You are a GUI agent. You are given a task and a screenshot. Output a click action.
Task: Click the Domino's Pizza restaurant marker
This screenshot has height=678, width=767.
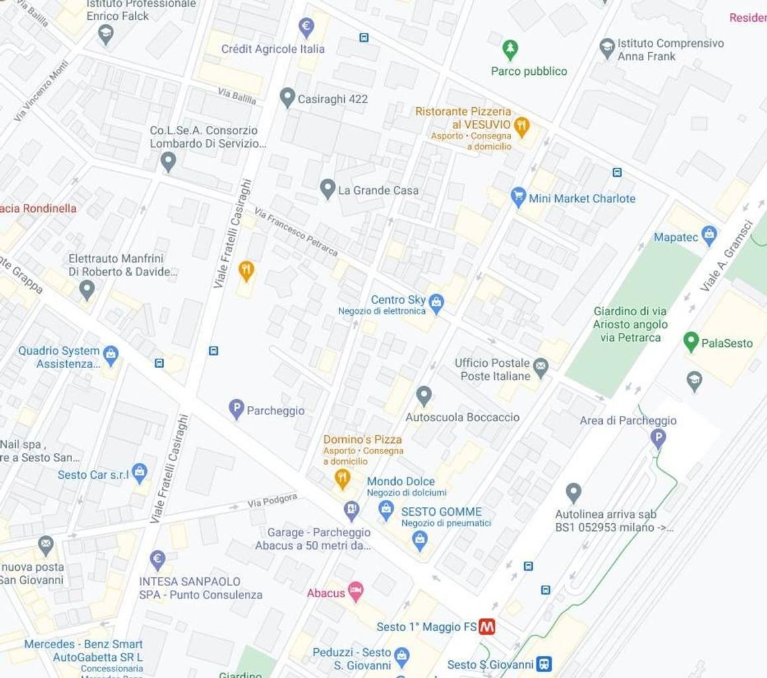(x=342, y=478)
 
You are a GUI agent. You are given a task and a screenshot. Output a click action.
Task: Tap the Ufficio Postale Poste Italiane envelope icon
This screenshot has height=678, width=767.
(x=541, y=367)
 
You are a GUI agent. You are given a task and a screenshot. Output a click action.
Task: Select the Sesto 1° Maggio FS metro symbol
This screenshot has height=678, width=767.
(x=487, y=626)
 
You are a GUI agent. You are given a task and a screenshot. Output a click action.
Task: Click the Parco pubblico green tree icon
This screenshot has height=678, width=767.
(x=510, y=49)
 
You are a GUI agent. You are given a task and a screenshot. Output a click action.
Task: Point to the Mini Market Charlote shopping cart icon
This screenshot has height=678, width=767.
(x=518, y=197)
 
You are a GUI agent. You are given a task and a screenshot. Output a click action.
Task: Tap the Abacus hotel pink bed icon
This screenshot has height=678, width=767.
(x=355, y=591)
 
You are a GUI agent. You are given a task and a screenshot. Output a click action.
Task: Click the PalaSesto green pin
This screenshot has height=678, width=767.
(x=691, y=342)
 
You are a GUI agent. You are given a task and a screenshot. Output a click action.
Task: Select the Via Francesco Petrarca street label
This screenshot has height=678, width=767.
(x=296, y=232)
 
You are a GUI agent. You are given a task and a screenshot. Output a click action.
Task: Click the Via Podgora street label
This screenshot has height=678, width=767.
(x=272, y=501)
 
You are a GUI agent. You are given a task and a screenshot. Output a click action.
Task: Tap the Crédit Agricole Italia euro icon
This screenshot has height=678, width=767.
(x=306, y=27)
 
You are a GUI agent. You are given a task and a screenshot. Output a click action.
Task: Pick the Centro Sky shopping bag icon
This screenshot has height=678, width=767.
(x=435, y=303)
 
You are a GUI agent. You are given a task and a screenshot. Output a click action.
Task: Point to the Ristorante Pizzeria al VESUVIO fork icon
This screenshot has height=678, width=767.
(x=522, y=126)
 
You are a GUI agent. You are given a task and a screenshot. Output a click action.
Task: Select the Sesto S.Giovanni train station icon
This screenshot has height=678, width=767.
(x=544, y=663)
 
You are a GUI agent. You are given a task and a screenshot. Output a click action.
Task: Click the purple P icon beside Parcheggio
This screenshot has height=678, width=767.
(x=236, y=409)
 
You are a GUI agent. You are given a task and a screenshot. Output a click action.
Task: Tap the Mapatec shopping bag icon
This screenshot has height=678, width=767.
(x=709, y=235)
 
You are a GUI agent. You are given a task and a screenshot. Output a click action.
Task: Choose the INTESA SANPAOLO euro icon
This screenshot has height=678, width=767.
(x=158, y=559)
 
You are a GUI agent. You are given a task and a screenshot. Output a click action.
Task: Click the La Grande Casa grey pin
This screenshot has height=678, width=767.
(x=328, y=189)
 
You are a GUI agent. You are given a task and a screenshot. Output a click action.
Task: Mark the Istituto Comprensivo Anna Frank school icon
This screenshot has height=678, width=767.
(x=607, y=48)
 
